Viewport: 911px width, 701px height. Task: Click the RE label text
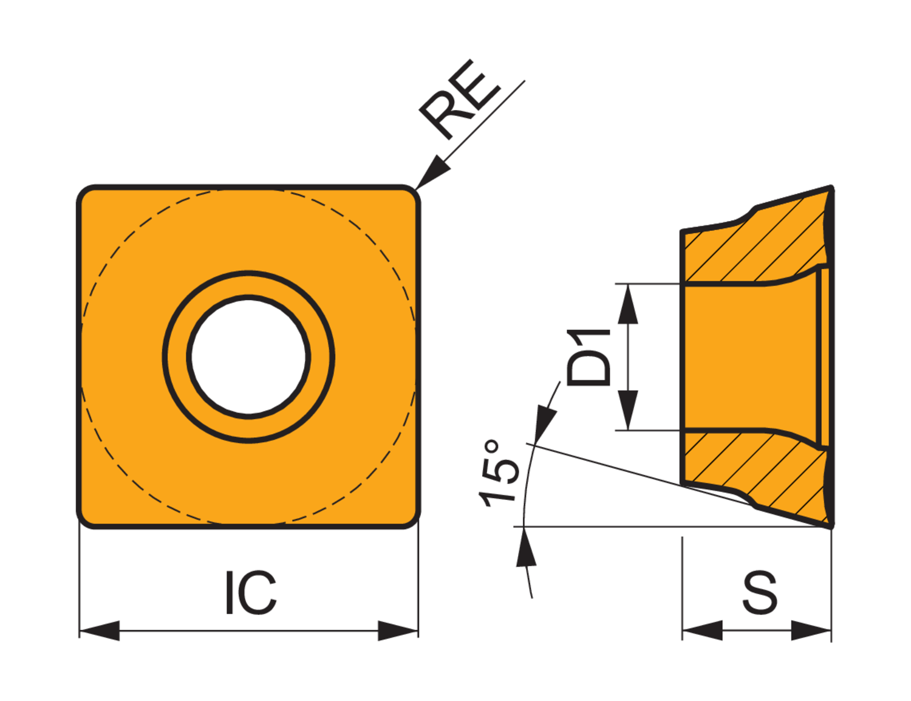pyautogui.click(x=460, y=100)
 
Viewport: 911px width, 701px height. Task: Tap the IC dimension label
pyautogui.click(x=251, y=592)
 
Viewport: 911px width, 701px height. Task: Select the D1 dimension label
pyautogui.click(x=588, y=357)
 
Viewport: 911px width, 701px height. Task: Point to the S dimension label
pyautogui.click(x=760, y=592)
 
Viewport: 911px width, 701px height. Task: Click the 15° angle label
pyautogui.click(x=498, y=473)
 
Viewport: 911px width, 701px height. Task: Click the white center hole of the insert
pyautogui.click(x=248, y=357)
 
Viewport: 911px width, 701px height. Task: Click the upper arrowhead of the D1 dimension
pyautogui.click(x=627, y=304)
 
